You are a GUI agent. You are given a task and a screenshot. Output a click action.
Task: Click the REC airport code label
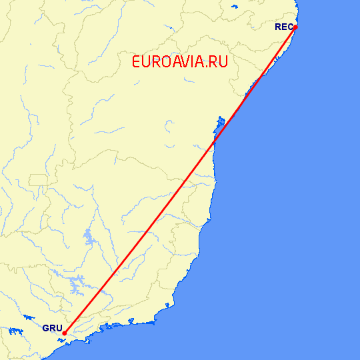[x=283, y=27]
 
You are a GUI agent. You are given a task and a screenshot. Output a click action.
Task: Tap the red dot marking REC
[x=295, y=27]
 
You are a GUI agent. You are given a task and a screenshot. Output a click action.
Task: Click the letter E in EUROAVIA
[x=137, y=62]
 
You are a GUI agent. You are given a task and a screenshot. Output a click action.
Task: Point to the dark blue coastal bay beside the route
[x=220, y=122]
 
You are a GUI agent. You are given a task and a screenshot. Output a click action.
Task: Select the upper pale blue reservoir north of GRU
[x=89, y=237]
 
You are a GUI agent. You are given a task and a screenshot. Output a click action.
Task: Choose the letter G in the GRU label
[x=46, y=329]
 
